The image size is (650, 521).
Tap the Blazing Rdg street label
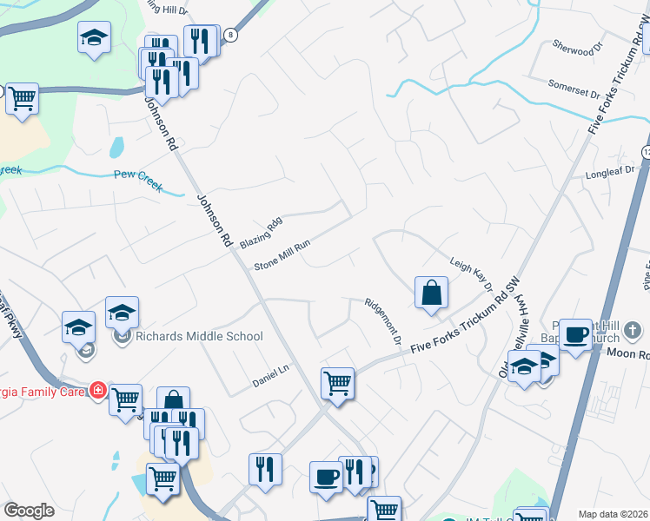262,234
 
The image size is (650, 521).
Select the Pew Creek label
138,181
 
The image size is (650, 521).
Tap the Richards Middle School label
199,336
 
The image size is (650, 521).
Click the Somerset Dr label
574,89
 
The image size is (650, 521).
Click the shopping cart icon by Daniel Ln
337,381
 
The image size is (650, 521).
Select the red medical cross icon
98,391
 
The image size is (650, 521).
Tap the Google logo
29,511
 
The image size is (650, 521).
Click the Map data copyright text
613,514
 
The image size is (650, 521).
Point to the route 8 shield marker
229,35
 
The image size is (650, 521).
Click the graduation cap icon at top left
94,37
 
